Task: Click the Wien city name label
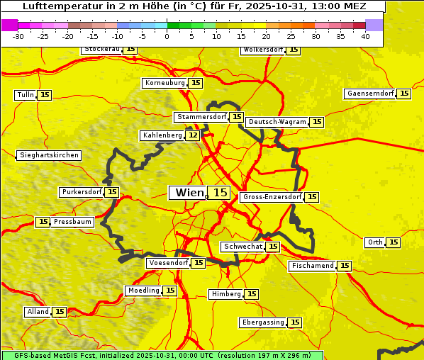tap(189, 193)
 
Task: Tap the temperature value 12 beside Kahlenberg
tap(193, 135)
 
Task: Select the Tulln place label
tap(25, 95)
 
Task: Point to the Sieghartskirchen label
tap(48, 155)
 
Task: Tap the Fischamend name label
tap(312, 266)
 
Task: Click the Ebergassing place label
tap(262, 322)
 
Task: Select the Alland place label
tap(38, 312)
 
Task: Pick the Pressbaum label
tap(73, 222)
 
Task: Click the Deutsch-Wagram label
tap(277, 122)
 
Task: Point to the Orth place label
tap(375, 242)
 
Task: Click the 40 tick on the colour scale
tap(365, 37)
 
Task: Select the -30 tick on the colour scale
tap(18, 37)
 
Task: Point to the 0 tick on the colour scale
tap(167, 37)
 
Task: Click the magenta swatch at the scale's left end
tap(9, 25)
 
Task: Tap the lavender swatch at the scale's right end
tap(374, 25)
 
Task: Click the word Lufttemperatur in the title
tap(60, 6)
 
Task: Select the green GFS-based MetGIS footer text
tap(162, 355)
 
